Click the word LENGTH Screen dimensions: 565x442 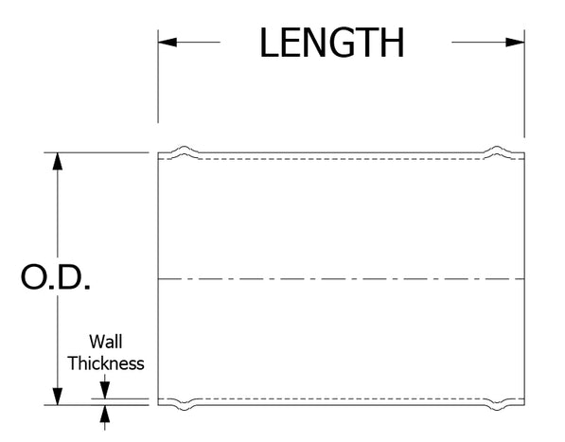[332, 43]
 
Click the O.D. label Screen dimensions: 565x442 [56, 277]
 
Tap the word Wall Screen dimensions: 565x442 [106, 342]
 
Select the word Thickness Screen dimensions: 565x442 [106, 363]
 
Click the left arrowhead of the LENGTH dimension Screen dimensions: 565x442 [168, 43]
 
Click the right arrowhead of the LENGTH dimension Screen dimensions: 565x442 [515, 43]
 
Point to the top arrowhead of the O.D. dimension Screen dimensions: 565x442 [58, 162]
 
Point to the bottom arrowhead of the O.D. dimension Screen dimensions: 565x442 [58, 397]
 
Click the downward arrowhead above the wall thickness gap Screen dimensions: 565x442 [105, 391]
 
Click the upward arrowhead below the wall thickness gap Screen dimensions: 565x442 [105, 414]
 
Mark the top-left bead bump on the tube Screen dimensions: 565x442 [185, 150]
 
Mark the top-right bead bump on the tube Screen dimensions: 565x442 [497, 150]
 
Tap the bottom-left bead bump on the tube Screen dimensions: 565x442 [185, 406]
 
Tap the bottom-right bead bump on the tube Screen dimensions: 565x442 [497, 406]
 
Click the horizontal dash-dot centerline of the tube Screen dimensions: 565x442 [342, 279]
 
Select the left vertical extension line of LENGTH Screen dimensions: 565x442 [158, 77]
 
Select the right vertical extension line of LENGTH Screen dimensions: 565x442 [524, 83]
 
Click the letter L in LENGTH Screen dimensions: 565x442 [269, 43]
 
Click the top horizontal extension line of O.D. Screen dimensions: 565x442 [97, 152]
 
